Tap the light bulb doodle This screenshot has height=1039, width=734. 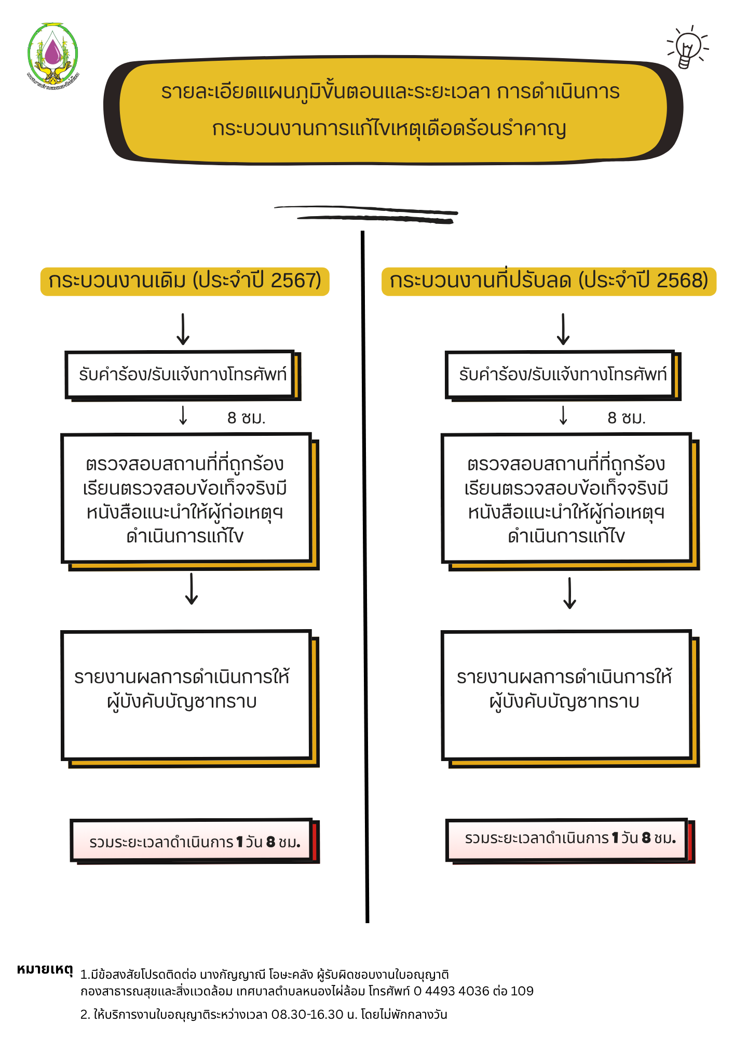click(687, 48)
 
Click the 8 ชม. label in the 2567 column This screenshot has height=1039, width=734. click(246, 418)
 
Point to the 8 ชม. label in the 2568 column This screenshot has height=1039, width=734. click(627, 418)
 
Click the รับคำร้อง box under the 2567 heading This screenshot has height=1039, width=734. click(182, 375)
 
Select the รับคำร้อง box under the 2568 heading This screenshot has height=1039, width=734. click(562, 375)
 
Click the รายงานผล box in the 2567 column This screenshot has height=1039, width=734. click(186, 695)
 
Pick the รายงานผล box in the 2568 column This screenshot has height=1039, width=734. click(566, 695)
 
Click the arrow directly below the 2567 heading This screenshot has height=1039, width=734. click(183, 329)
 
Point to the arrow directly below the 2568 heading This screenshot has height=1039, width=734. click(563, 329)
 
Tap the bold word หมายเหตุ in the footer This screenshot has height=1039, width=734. click(45, 970)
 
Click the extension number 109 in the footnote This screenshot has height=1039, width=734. click(522, 991)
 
